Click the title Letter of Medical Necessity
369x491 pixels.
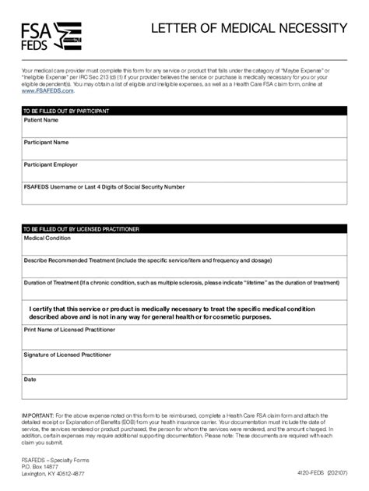click(248, 29)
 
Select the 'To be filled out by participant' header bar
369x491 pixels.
click(184, 111)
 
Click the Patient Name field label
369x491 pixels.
click(41, 121)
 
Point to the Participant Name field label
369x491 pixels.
click(47, 143)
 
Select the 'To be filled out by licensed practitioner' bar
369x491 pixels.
click(184, 229)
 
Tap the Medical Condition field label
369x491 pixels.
click(47, 238)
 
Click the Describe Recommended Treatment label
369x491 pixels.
click(148, 260)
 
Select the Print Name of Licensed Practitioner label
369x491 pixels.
click(69, 330)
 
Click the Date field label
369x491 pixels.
click(30, 380)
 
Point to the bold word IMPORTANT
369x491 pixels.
click(37, 415)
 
